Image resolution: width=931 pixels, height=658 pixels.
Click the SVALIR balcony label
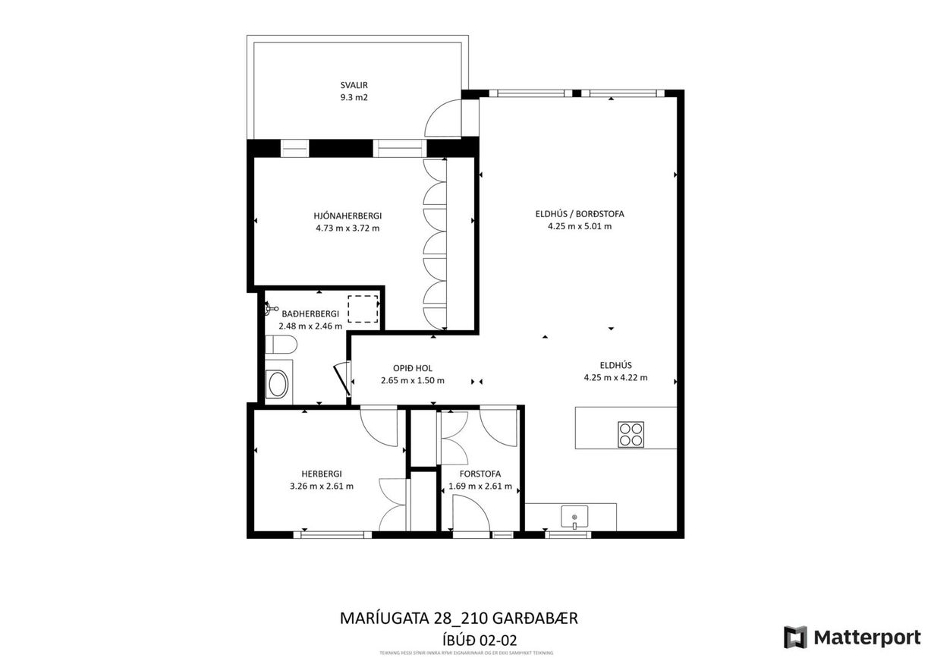coord(354,85)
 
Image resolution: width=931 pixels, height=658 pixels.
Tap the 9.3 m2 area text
coord(354,97)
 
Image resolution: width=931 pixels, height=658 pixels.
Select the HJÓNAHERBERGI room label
coord(348,216)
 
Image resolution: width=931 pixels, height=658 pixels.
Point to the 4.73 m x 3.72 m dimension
coord(348,228)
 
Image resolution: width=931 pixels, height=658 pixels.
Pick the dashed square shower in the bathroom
coord(363,309)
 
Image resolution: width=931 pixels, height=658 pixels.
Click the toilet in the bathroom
coord(282,347)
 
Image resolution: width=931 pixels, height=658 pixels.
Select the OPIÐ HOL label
coord(413,368)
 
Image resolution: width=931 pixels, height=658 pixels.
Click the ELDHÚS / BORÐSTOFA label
coord(580,214)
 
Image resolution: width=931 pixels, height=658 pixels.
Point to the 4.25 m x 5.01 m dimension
coord(580,226)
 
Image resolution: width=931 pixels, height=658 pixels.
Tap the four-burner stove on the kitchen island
coord(631,435)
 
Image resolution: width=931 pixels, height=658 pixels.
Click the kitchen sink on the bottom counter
coord(574,518)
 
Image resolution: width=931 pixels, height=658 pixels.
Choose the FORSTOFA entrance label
coord(480,474)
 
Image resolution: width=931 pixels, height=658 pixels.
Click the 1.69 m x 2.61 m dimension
coord(480,486)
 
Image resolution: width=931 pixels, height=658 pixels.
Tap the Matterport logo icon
coord(795,637)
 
